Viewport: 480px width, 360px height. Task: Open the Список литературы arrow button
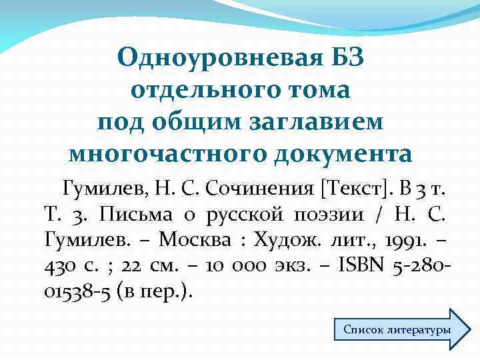click(x=397, y=329)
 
